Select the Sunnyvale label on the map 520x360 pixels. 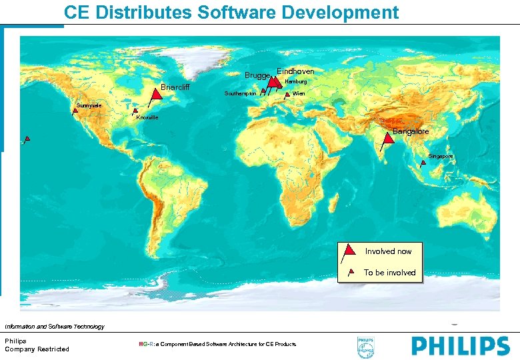coord(88,106)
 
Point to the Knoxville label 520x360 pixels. coord(147,117)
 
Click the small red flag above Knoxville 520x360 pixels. coord(135,111)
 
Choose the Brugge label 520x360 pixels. coord(257,75)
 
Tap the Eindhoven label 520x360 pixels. coord(295,71)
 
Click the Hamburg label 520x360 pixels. coord(295,81)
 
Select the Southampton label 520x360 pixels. coord(240,94)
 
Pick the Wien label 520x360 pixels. coord(299,94)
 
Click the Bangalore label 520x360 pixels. coord(411,132)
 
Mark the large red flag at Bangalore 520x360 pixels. coord(388,138)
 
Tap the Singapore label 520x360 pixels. coord(441,156)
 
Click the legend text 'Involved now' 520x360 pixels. coord(388,251)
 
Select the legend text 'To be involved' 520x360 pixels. coord(389,273)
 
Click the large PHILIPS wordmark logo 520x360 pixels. coord(460,346)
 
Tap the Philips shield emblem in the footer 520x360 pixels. coord(366,347)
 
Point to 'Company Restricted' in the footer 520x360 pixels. coord(37,349)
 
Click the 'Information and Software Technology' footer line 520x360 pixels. coord(55,327)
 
